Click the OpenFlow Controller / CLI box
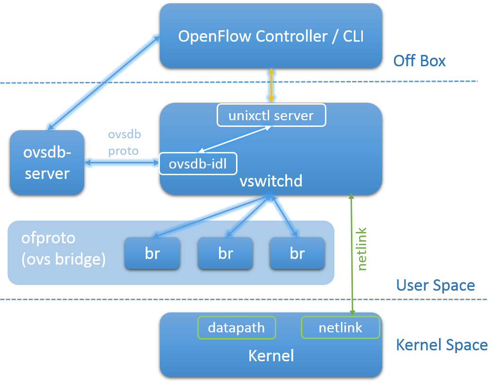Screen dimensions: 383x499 tap(271, 36)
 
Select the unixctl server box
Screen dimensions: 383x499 tap(271, 116)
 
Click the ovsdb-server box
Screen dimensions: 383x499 tap(47, 162)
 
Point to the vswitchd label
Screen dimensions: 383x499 tap(271, 181)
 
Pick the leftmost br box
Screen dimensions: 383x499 tap(152, 253)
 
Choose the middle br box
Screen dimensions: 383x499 tap(226, 253)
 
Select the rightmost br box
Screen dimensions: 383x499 tap(297, 253)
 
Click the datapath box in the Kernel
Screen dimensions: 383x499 tap(236, 328)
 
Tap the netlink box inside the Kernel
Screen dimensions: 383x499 tap(341, 328)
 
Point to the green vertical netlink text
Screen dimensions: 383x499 tap(362, 249)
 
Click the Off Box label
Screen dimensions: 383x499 tap(420, 61)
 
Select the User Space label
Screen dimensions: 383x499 tap(435, 285)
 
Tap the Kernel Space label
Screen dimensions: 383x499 tap(441, 345)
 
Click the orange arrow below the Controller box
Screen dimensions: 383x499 tap(271, 85)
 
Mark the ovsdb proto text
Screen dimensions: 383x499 tap(124, 143)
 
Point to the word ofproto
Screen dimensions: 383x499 tap(48, 238)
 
